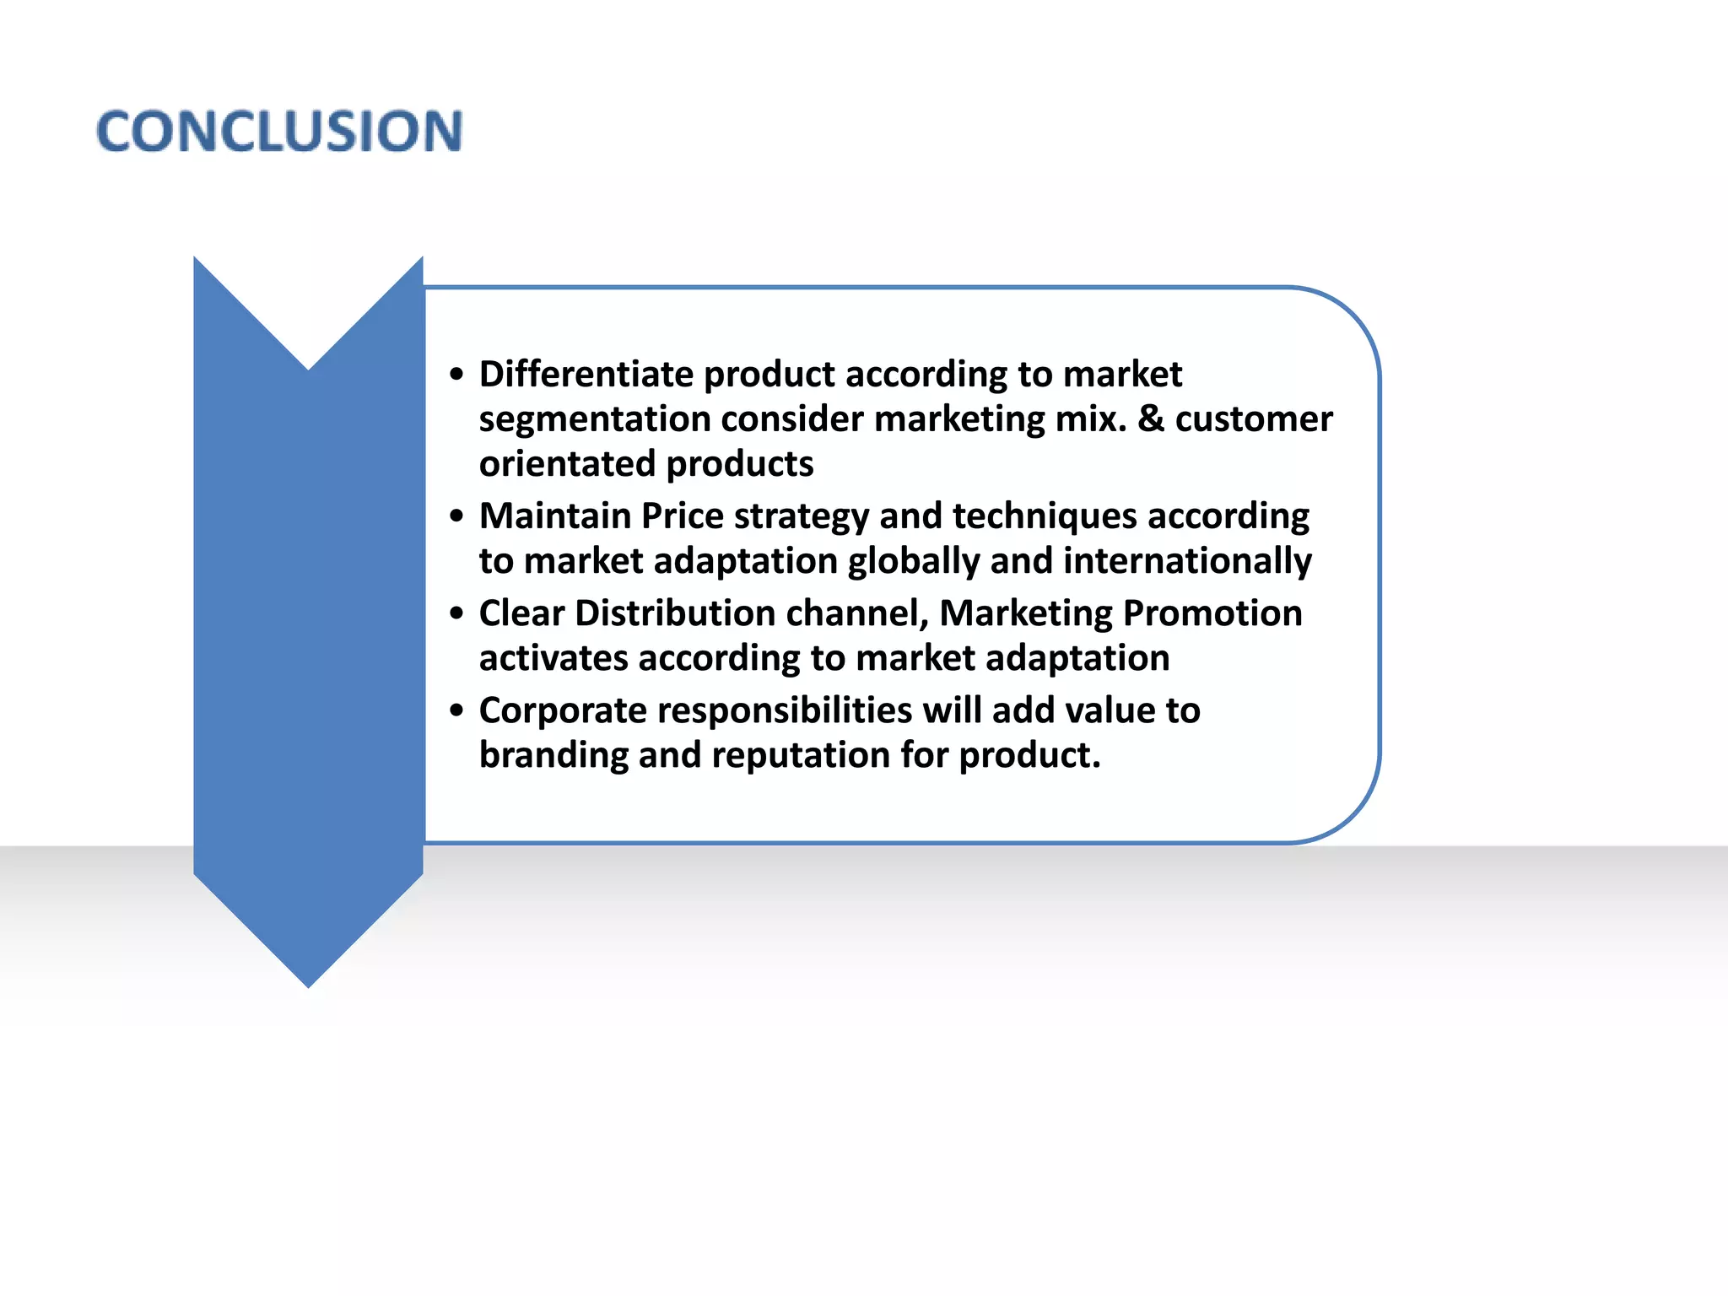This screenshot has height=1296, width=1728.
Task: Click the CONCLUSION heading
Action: pyautogui.click(x=279, y=132)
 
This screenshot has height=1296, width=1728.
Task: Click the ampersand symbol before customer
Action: pyautogui.click(x=1151, y=419)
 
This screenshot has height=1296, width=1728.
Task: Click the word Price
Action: pyautogui.click(x=682, y=516)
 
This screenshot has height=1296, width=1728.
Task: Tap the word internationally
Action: pyautogui.click(x=1187, y=561)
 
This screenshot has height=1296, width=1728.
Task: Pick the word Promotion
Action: pyautogui.click(x=1212, y=613)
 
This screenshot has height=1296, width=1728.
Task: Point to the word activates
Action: pyautogui.click(x=553, y=658)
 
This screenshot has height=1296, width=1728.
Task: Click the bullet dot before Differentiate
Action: pyautogui.click(x=457, y=375)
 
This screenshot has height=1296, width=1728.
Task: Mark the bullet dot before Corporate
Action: pyautogui.click(x=457, y=710)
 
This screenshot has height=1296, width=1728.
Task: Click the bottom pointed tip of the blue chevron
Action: pyautogui.click(x=309, y=985)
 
